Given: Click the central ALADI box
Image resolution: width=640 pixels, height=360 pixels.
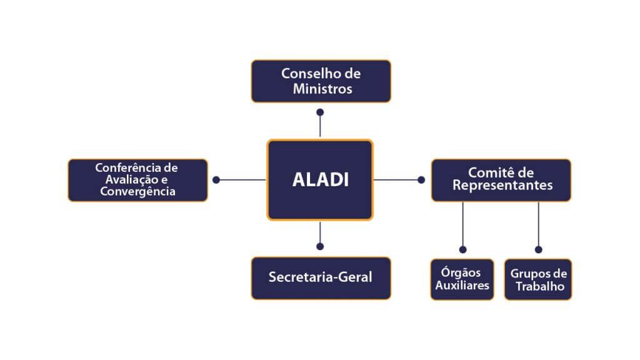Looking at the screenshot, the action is pyautogui.click(x=320, y=179).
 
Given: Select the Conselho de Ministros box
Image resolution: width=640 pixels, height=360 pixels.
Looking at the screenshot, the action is pyautogui.click(x=321, y=81).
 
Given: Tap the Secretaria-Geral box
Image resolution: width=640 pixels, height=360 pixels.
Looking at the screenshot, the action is pyautogui.click(x=321, y=278).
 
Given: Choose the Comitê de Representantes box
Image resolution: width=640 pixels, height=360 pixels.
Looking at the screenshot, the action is pyautogui.click(x=501, y=180).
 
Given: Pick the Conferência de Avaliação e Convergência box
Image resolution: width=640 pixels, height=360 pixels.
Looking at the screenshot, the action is pyautogui.click(x=138, y=180).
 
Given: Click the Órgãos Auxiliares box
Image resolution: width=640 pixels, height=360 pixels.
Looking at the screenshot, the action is pyautogui.click(x=462, y=279).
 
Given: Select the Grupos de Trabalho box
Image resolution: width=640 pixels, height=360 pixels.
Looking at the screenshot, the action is pyautogui.click(x=538, y=279).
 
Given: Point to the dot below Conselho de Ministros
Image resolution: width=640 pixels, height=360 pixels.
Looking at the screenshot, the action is pyautogui.click(x=320, y=112).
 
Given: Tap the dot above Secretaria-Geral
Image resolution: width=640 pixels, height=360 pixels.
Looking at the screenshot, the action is pyautogui.click(x=320, y=246).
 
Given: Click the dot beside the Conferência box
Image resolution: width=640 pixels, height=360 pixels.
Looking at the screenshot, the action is pyautogui.click(x=216, y=180).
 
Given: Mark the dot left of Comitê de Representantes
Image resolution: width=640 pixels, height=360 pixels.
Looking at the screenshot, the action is pyautogui.click(x=421, y=180).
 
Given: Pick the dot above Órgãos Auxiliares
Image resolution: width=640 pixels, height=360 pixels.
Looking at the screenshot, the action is pyautogui.click(x=463, y=250).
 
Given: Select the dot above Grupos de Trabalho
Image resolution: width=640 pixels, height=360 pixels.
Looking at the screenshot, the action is pyautogui.click(x=539, y=250).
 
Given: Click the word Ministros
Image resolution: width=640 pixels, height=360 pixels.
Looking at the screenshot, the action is pyautogui.click(x=322, y=89).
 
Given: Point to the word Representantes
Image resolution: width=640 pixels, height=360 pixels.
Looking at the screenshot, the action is pyautogui.click(x=502, y=185).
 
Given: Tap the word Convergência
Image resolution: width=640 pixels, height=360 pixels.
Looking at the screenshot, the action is pyautogui.click(x=138, y=191).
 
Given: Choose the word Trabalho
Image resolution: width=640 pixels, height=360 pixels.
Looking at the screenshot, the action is pyautogui.click(x=540, y=286).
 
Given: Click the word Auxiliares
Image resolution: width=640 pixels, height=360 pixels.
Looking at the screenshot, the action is pyautogui.click(x=462, y=285).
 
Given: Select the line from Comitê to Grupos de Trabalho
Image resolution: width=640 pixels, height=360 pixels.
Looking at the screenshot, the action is pyautogui.click(x=539, y=224).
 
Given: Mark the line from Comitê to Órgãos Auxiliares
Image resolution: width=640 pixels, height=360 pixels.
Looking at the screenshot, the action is pyautogui.click(x=463, y=224).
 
